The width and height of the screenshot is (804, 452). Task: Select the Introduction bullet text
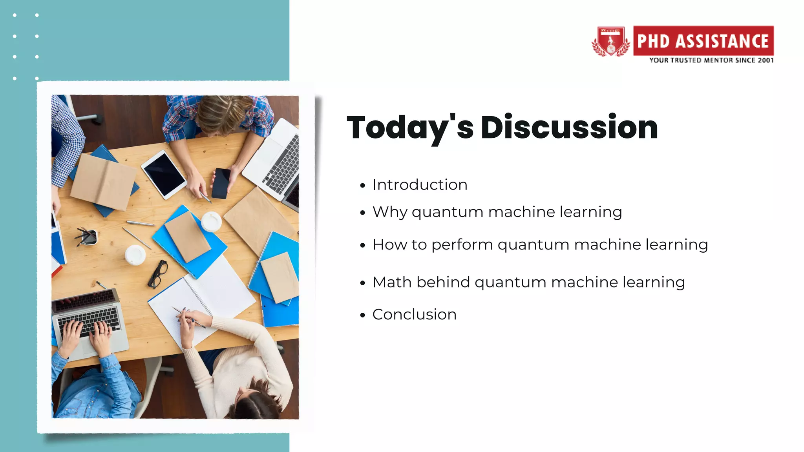tap(420, 185)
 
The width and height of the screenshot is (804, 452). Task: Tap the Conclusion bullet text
tap(414, 314)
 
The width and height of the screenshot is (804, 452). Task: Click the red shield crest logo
tap(610, 42)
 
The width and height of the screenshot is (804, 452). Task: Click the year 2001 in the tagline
tap(766, 60)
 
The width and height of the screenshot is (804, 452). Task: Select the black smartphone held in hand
tap(221, 183)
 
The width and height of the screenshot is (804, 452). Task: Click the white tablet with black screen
tap(164, 174)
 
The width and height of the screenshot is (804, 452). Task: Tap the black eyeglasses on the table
tap(158, 274)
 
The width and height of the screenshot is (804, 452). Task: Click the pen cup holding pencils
tap(89, 237)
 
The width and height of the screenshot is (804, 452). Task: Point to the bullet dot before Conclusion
tap(362, 315)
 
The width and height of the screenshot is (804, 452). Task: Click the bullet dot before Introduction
tap(362, 186)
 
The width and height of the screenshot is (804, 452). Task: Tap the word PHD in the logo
tap(653, 41)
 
